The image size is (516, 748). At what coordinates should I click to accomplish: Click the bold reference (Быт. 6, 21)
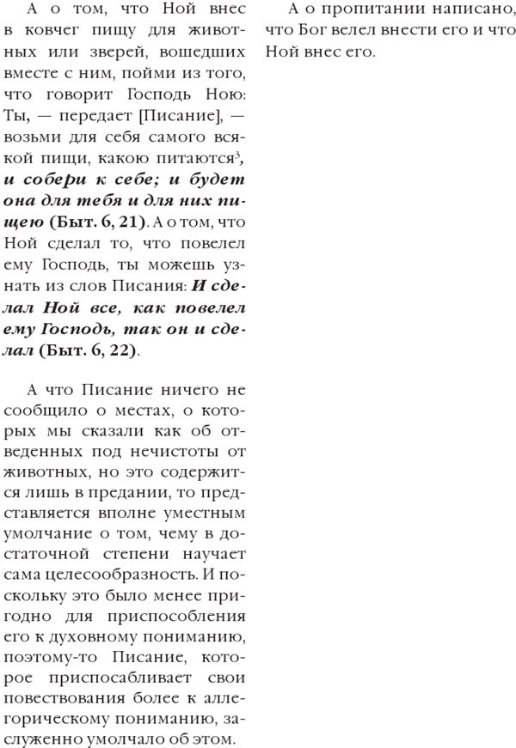click(98, 222)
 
